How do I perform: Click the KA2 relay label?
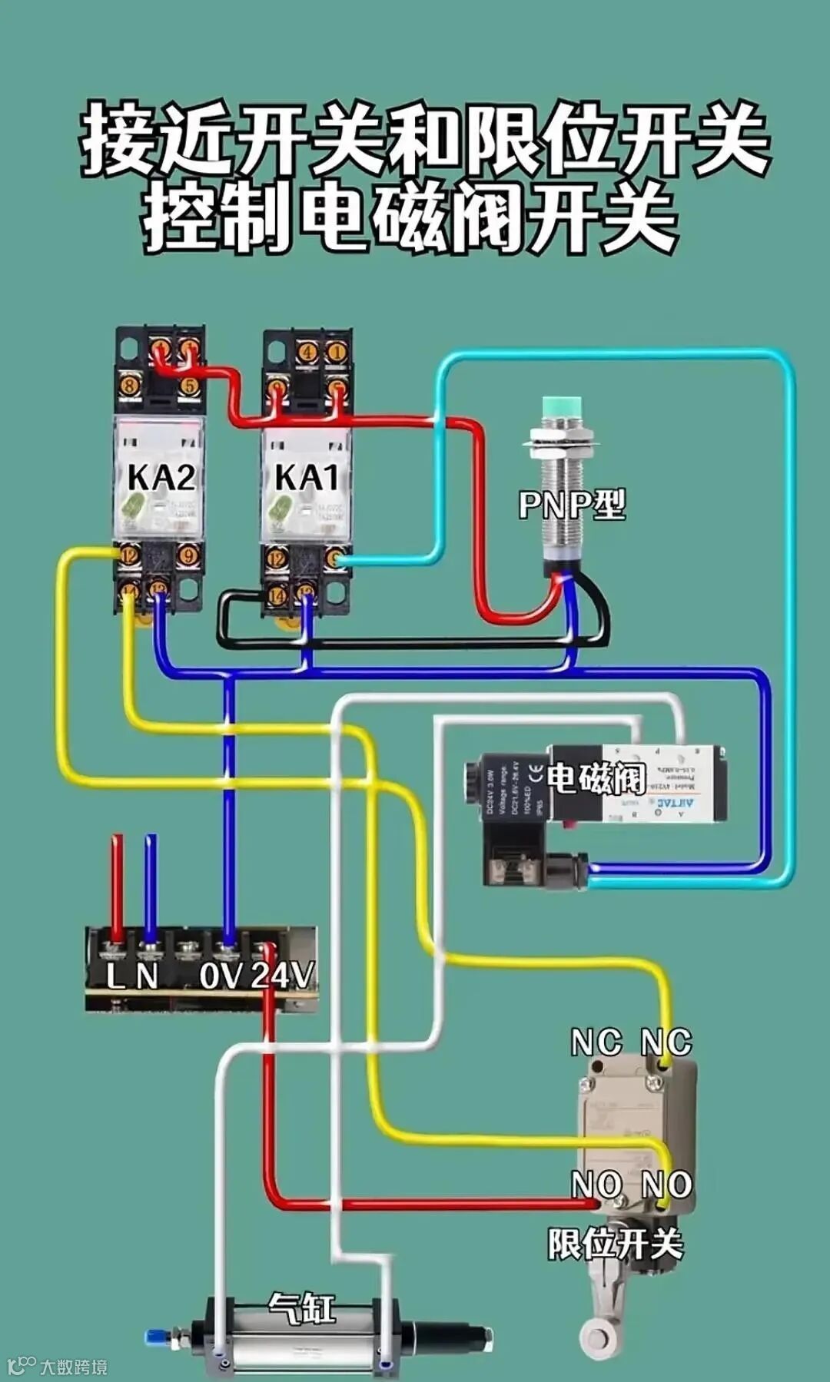[x=161, y=477]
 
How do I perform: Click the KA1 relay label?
[x=307, y=477]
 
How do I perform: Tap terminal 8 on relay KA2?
[x=129, y=386]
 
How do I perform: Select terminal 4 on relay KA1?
[x=307, y=353]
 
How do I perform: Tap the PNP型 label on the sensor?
[x=572, y=505]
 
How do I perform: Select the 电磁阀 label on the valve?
[x=596, y=778]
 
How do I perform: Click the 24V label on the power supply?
[x=282, y=976]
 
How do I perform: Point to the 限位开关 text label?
[x=615, y=1244]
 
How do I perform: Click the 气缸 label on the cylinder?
[x=302, y=1307]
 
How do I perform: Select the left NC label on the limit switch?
[x=596, y=1042]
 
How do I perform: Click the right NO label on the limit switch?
[x=666, y=1184]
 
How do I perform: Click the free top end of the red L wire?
[x=117, y=840]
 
